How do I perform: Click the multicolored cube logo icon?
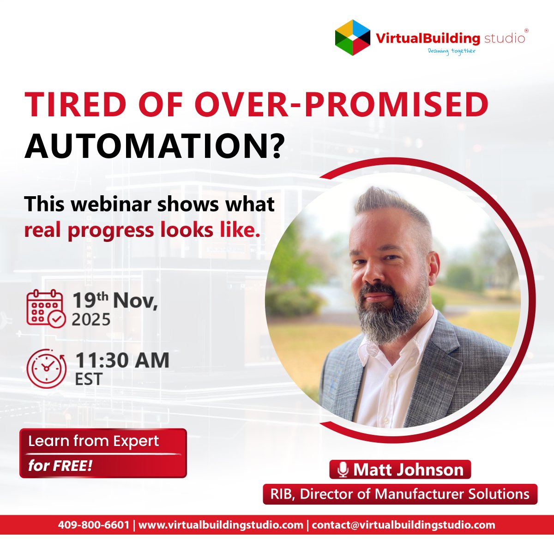point(353,37)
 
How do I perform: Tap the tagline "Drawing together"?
point(451,51)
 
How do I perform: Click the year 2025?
point(91,319)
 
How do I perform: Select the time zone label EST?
point(89,379)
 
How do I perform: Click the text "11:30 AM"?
point(122,360)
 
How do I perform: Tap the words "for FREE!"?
point(60,465)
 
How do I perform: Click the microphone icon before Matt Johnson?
point(343,470)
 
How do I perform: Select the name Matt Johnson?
point(408,470)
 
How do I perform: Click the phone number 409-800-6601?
point(94,525)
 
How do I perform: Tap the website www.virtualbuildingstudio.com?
point(221,525)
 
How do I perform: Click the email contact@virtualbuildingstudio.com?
point(403,525)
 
